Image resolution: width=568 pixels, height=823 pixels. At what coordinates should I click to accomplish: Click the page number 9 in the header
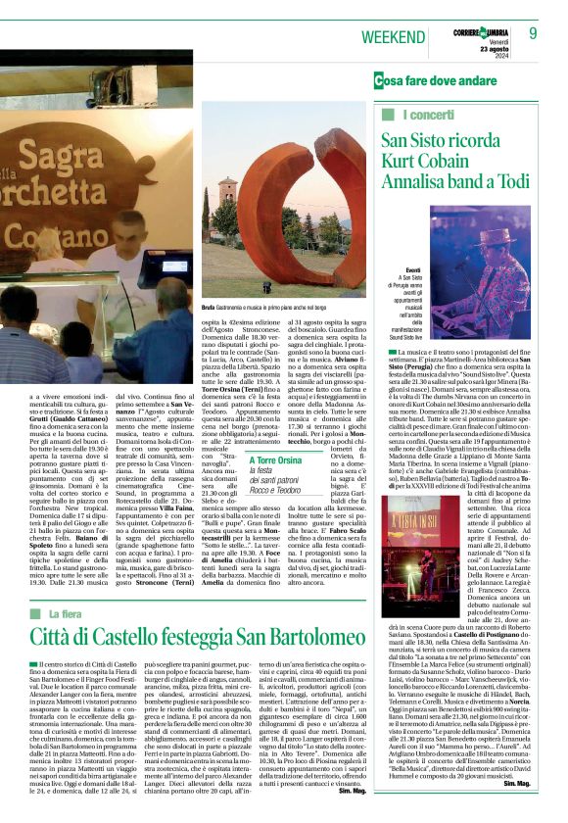534,33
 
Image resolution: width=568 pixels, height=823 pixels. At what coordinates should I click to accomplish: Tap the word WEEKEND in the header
397,35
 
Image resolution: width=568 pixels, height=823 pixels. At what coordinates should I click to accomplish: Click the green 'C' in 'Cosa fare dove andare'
379,81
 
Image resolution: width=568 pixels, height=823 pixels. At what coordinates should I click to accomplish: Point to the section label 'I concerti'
411,116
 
